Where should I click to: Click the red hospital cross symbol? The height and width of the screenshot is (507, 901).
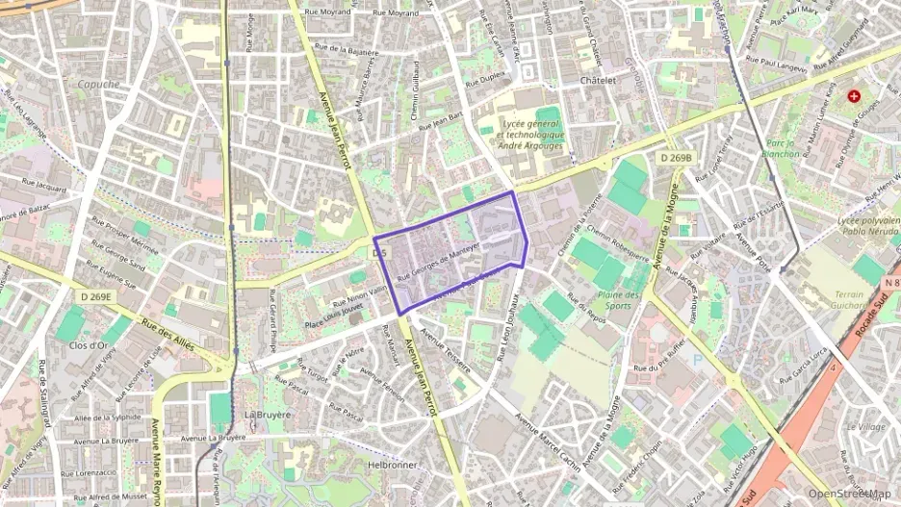click(x=853, y=96)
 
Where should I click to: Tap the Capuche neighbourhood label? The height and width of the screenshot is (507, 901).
click(x=99, y=84)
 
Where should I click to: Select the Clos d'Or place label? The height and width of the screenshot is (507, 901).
click(x=89, y=344)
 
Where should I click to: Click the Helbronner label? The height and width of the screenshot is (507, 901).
click(x=391, y=464)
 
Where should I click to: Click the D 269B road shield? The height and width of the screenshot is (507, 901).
click(x=678, y=157)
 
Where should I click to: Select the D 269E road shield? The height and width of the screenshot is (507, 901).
click(x=96, y=296)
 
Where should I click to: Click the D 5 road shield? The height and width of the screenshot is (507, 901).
click(x=379, y=253)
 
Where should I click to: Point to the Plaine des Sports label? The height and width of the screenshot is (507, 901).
click(x=619, y=300)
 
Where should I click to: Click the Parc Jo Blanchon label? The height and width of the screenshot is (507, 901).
click(x=780, y=148)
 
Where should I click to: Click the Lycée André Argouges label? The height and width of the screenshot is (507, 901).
click(x=530, y=136)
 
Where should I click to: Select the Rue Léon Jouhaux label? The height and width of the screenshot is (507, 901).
click(x=508, y=328)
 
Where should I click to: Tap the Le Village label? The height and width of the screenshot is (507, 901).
click(x=865, y=426)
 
